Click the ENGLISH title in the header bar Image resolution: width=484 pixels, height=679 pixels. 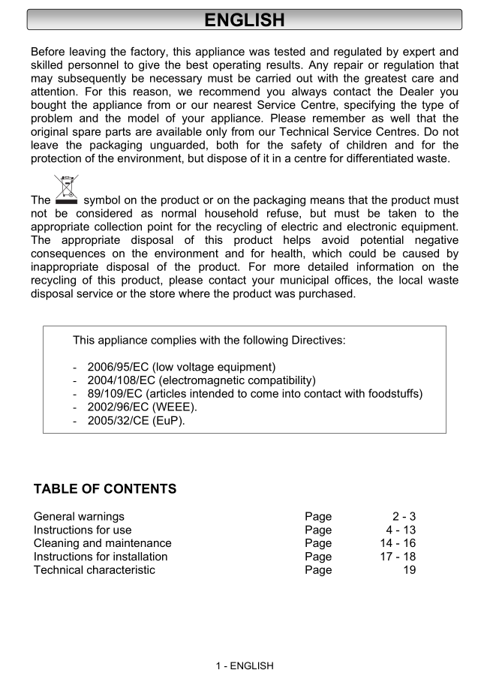[x=244, y=20]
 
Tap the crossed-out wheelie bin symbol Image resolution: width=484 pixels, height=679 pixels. [x=67, y=190]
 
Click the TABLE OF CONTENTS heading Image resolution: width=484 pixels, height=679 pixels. [x=105, y=489]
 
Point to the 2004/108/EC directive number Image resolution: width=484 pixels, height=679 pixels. [x=121, y=380]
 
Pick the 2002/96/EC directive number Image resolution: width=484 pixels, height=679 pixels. [x=118, y=407]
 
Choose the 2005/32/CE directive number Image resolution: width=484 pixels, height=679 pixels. [x=118, y=421]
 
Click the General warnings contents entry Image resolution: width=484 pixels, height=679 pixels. [x=79, y=516]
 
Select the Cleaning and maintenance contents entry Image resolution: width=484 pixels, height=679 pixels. [x=103, y=543]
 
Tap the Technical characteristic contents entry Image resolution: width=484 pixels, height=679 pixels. [x=95, y=570]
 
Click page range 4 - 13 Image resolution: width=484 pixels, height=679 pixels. [x=401, y=530]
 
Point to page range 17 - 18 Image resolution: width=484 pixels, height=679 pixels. [x=398, y=557]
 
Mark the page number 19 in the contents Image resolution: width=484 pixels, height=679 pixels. [x=409, y=570]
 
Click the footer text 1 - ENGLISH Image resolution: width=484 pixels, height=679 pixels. [x=245, y=665]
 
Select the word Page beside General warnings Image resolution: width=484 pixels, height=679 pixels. [x=318, y=516]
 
